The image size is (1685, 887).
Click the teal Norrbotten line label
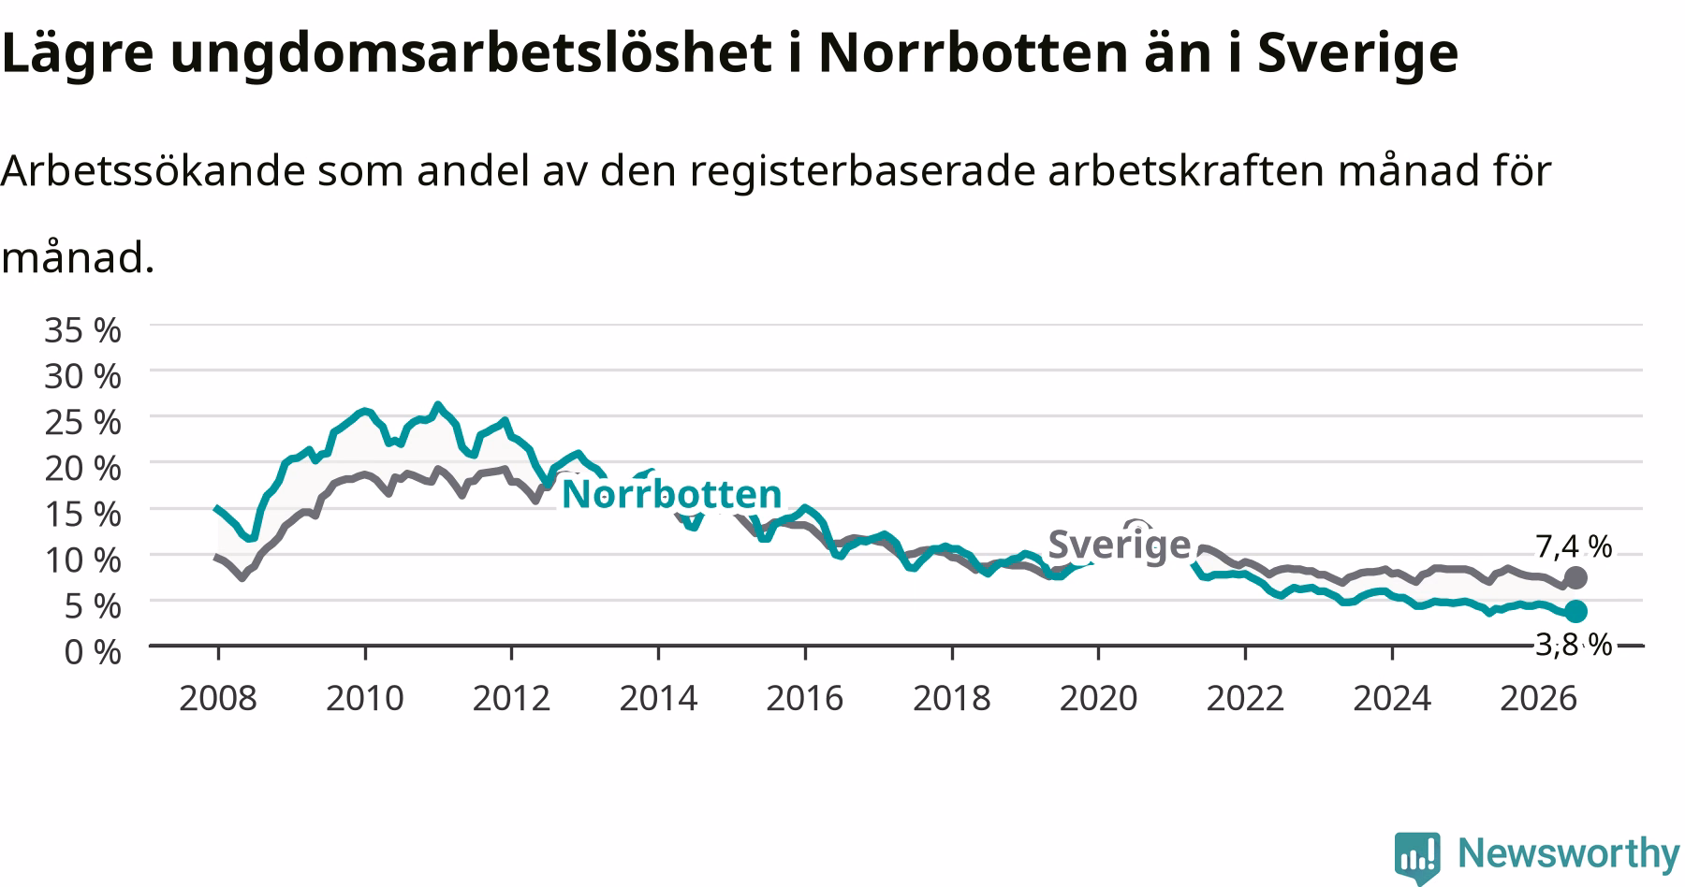pos(671,493)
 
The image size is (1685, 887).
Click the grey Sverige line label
pos(1119,544)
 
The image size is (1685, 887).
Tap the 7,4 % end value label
pos(1574,545)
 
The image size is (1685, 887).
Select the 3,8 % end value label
pos(1574,644)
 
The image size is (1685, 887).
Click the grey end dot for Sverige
pos(1575,577)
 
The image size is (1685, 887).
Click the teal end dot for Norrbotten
pos(1575,611)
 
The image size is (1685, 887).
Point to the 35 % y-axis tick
pos(83,330)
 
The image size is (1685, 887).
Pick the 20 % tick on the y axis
pos(83,468)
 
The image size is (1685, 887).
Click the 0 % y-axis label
pos(93,651)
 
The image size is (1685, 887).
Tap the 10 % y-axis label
pos(83,560)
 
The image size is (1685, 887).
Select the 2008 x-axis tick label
pos(217,698)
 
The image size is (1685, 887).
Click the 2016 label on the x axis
pos(804,698)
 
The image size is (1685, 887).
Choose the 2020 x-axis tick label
pos(1098,698)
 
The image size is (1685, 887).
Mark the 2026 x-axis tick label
pos(1539,698)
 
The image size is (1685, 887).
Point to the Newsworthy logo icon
pos(1418,856)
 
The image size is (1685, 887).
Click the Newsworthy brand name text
pos(1569,853)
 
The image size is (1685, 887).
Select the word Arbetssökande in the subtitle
pos(154,170)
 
